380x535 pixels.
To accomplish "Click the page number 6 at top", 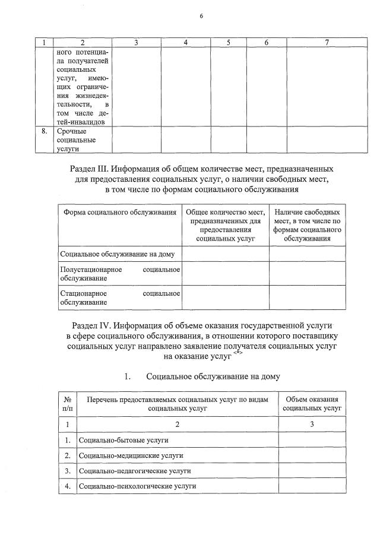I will [x=201, y=16].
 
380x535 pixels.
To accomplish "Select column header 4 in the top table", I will [x=186, y=43].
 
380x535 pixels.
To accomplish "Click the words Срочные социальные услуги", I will [x=76, y=141].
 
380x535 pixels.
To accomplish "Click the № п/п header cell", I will [x=68, y=404].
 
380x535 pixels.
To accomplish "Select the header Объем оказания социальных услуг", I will [x=312, y=404].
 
